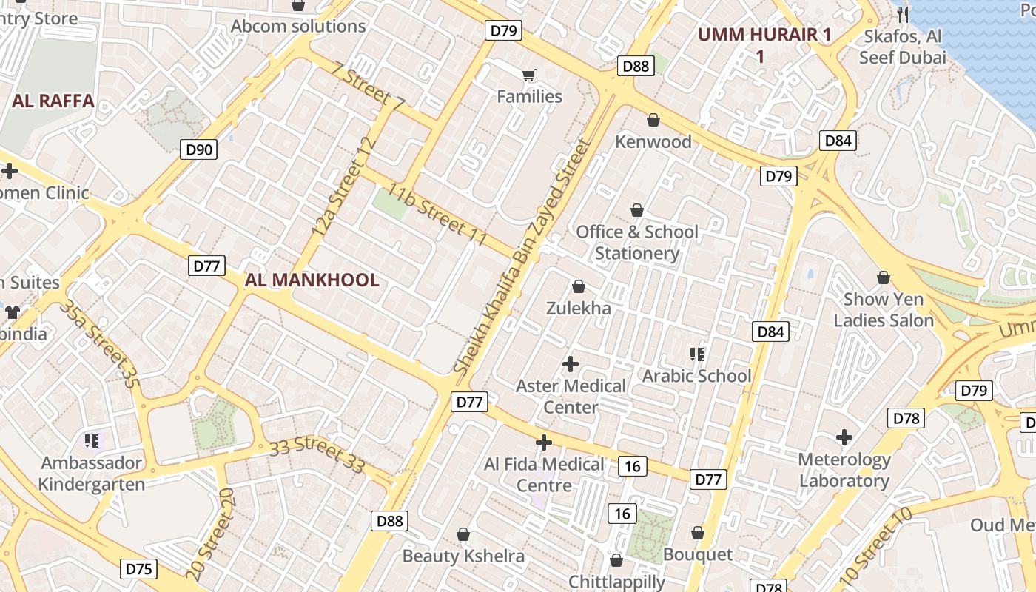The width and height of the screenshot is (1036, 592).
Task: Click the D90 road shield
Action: coord(199,149)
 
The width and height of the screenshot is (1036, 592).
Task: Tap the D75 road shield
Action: coord(138,568)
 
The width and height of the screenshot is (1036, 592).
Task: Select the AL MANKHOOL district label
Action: coord(312,280)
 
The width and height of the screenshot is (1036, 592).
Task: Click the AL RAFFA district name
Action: coord(53,101)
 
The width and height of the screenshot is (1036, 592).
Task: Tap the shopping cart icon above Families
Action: coord(528,75)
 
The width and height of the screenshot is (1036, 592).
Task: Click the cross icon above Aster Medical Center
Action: coord(571,364)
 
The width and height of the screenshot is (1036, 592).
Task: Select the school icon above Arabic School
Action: coord(696,354)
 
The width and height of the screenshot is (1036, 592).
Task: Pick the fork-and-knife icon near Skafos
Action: coord(902,13)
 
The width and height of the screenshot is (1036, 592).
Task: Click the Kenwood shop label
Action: coord(653,141)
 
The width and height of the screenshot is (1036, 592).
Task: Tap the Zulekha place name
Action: coord(579,308)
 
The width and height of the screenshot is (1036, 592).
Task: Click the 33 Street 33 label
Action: coord(317,454)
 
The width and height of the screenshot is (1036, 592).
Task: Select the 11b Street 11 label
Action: coord(437,216)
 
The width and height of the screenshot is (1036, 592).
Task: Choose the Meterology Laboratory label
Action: coord(844,470)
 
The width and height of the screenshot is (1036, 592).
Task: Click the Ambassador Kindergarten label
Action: coord(92,474)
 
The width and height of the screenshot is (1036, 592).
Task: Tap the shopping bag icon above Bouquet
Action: coord(698,533)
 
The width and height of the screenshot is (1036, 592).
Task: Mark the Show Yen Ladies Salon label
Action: coord(884,310)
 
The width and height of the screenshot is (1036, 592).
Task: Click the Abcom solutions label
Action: coord(298,26)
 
